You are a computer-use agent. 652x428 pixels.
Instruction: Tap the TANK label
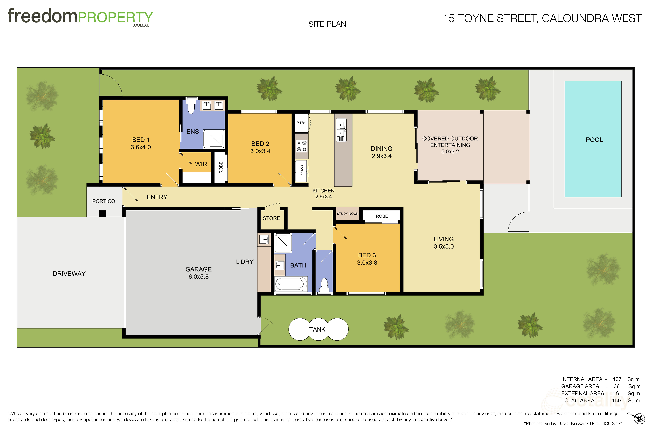[x=317, y=329]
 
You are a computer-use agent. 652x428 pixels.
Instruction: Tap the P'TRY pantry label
[x=301, y=123]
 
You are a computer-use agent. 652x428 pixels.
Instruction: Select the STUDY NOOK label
[x=347, y=214]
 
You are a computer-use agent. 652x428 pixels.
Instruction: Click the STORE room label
[x=272, y=218]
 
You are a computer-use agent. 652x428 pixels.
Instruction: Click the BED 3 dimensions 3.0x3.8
[x=367, y=263]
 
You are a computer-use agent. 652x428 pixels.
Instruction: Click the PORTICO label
[x=104, y=201]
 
